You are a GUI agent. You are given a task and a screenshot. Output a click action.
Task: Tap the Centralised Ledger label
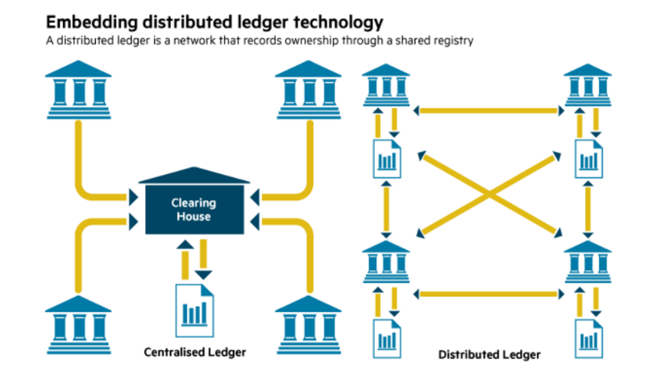pos(194,352)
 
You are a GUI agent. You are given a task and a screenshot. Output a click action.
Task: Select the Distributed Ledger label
pos(489,354)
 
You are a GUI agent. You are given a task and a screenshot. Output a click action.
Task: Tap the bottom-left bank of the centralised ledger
pos(77,323)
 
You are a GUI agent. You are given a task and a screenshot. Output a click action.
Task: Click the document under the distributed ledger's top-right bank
pos(588,157)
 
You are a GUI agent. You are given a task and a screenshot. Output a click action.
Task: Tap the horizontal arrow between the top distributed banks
pos(488,108)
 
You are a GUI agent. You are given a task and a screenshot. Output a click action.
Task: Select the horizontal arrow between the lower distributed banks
pos(488,292)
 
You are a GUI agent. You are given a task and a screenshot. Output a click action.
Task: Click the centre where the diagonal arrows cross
pos(488,194)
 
